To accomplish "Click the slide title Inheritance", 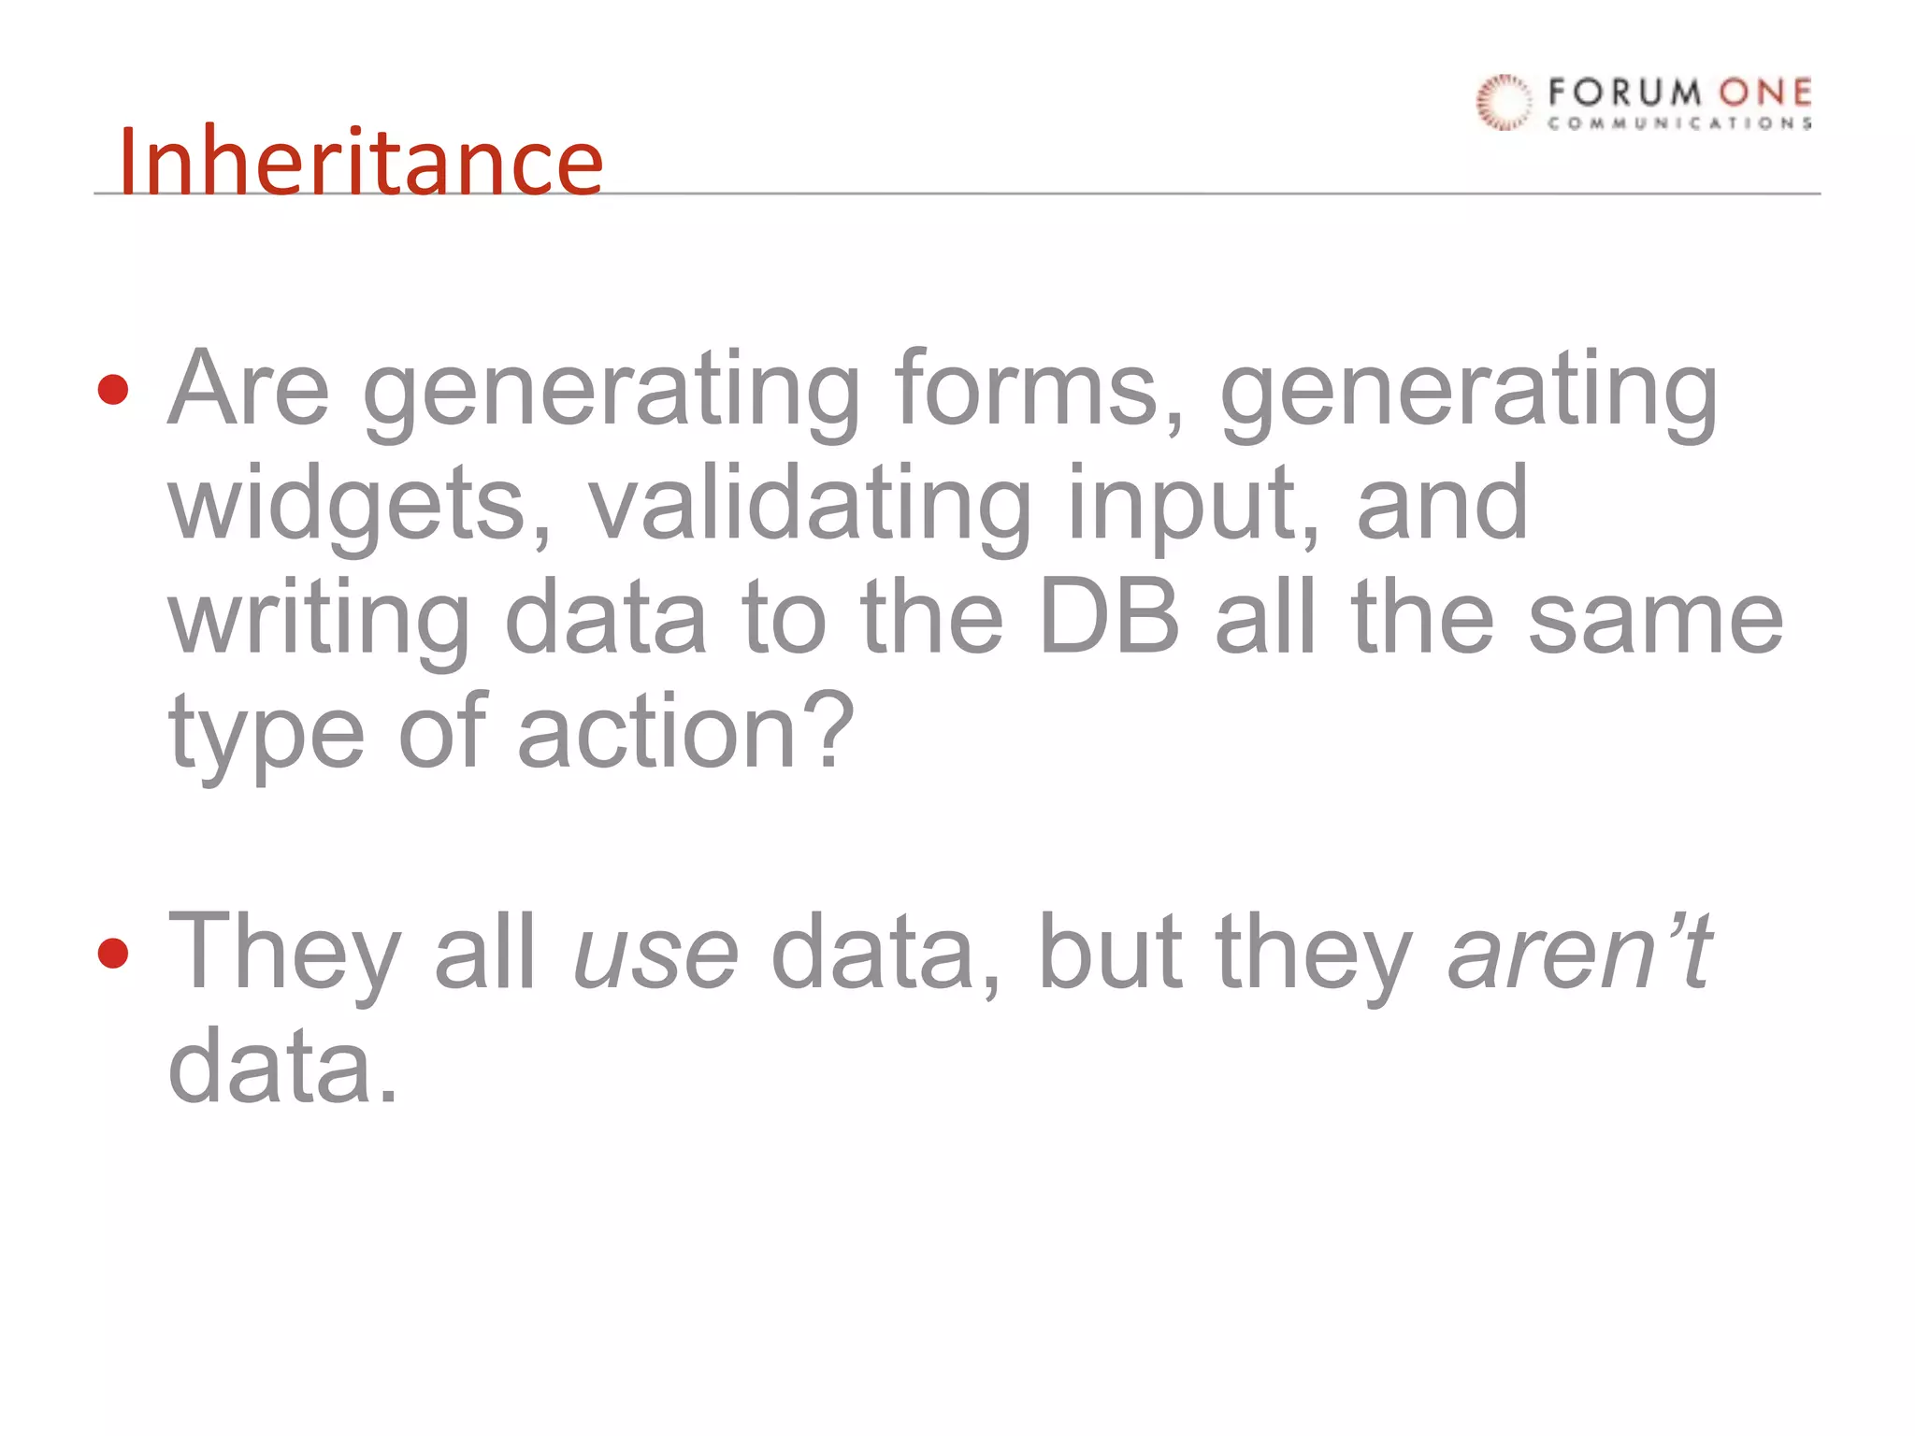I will coord(361,161).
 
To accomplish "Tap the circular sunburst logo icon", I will coord(1504,101).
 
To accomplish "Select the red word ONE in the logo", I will coord(1765,93).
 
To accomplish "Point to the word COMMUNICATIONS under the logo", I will coord(1679,123).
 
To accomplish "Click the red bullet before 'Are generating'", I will coord(113,389).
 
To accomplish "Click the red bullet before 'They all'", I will coord(113,954).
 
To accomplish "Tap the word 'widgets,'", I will coord(360,505).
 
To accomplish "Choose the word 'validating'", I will coord(810,505).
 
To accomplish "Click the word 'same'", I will coord(1655,619).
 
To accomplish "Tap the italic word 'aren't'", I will coord(1580,952).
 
